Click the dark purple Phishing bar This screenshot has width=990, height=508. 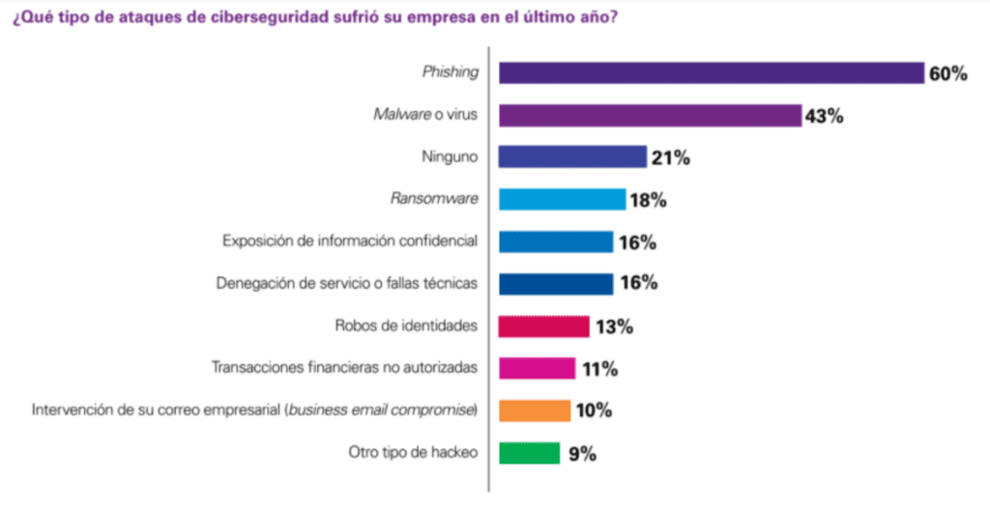tap(712, 73)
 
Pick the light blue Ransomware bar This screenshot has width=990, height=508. tap(562, 199)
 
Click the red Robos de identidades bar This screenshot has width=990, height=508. tap(543, 326)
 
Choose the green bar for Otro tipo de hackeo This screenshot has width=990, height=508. tap(529, 453)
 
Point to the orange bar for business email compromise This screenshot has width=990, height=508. tap(535, 410)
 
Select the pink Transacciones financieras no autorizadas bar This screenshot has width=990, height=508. tap(537, 368)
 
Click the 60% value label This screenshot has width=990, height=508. tap(947, 74)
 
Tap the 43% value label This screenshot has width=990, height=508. tap(825, 117)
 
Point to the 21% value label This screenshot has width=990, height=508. tap(670, 158)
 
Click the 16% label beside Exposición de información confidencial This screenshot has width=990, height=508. tap(637, 242)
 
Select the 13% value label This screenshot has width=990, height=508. tap(613, 327)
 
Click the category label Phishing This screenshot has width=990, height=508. tap(451, 72)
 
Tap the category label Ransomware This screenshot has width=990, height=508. tap(434, 199)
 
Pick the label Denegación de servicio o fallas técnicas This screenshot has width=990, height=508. tap(345, 283)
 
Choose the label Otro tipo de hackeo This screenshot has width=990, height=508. tap(412, 452)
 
